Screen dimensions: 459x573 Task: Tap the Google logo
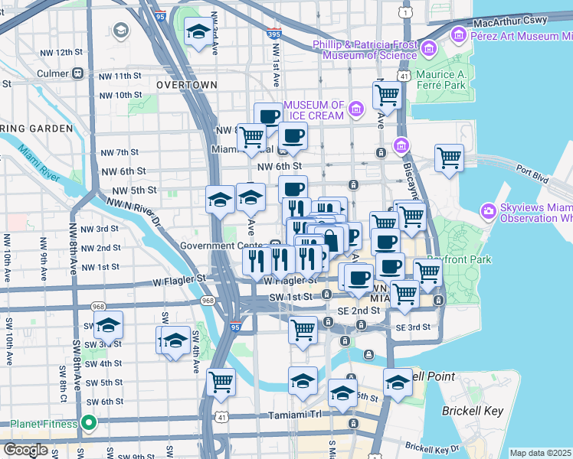point(25,450)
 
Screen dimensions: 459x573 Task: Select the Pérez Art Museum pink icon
point(459,34)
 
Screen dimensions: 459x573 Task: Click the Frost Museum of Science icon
point(428,50)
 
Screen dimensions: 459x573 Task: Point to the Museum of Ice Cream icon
point(355,109)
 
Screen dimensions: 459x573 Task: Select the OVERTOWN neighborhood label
point(186,85)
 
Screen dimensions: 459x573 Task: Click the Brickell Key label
point(473,411)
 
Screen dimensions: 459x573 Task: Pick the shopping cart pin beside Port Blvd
point(449,158)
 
